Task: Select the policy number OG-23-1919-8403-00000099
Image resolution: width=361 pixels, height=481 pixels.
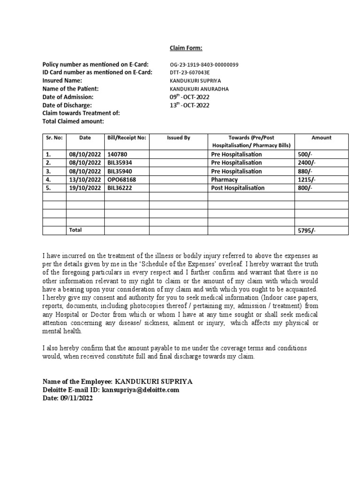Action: [x=204, y=64]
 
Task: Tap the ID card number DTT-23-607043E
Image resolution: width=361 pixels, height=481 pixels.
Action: [x=190, y=72]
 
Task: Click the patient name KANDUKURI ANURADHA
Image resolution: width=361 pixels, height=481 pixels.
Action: [x=199, y=89]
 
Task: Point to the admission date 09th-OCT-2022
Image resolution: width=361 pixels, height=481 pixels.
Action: [x=189, y=97]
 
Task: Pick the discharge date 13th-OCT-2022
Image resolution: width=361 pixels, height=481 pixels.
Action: [x=189, y=105]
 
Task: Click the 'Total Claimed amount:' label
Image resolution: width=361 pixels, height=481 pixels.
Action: [x=73, y=122]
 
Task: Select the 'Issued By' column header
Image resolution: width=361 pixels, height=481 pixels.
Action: [x=178, y=138]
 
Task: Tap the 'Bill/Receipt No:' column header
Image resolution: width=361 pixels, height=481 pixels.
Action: [x=126, y=138]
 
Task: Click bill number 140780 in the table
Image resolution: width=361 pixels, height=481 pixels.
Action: [x=117, y=154]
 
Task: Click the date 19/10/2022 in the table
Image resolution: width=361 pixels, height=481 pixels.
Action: [x=85, y=188]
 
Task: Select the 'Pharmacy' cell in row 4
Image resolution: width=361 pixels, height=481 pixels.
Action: [x=225, y=179]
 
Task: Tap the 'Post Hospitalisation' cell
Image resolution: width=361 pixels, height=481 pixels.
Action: [x=238, y=188]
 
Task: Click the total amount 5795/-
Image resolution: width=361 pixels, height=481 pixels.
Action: [x=307, y=231]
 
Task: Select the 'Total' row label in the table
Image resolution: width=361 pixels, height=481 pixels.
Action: [x=75, y=230]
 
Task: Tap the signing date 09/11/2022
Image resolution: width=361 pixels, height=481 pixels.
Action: [x=77, y=398]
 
